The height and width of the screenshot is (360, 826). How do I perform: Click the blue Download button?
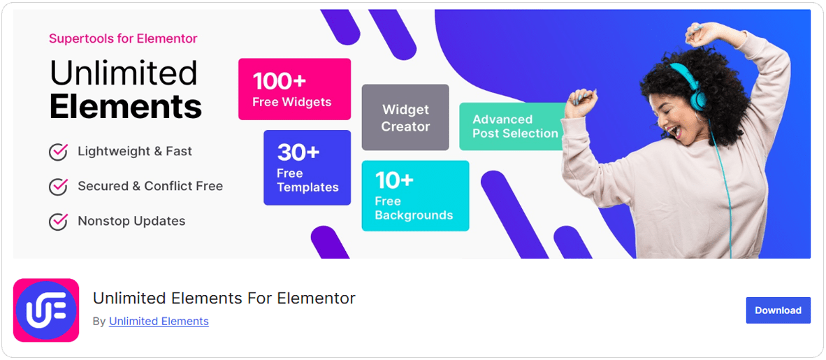[x=778, y=310]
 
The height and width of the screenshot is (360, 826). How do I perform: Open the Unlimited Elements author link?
[x=159, y=321]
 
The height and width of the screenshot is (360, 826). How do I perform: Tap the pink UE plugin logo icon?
[x=46, y=310]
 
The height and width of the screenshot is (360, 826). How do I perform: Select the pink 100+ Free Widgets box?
[x=294, y=89]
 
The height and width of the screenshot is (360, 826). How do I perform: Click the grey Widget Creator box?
[x=405, y=117]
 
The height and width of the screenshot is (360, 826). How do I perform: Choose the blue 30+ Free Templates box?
[x=307, y=168]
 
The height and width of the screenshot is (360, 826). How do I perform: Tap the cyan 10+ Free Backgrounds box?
[x=415, y=196]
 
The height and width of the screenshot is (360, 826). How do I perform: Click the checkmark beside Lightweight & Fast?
[x=58, y=152]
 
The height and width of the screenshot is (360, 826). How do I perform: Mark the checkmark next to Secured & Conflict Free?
[x=58, y=187]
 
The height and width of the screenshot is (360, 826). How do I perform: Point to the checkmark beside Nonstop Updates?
[x=58, y=222]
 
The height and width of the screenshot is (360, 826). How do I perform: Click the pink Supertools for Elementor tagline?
[x=123, y=38]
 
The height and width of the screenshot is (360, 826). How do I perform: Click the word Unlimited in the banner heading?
[x=124, y=73]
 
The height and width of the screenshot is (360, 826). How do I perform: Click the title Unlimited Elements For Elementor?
[x=224, y=298]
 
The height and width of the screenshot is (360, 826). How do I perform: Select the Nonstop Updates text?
[x=131, y=221]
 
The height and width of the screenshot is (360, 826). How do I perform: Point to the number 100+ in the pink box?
[x=280, y=80]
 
